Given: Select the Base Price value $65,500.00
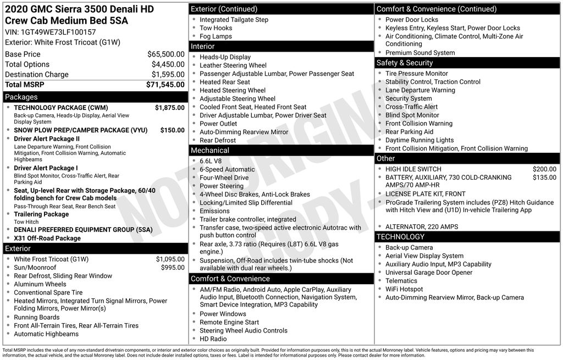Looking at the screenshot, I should coord(165,54).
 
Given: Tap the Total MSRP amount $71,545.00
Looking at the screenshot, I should coord(165,85).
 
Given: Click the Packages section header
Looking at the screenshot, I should coord(22,97).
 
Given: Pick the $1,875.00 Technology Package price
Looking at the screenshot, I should coord(169,108).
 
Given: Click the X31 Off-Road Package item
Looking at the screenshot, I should coord(47,239).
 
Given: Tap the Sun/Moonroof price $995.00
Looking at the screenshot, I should coord(173,268).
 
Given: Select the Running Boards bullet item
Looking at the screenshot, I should coord(36,317).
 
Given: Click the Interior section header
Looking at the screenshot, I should coord(202,47).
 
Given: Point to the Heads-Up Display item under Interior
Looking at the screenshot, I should coord(225,57).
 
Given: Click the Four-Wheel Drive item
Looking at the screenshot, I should coord(224,178).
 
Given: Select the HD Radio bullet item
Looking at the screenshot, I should coord(213,339).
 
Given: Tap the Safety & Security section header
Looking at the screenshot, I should coord(404,63).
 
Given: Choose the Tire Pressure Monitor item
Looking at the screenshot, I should coord(416,74).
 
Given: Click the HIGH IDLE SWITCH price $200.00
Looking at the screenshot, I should coord(544,169).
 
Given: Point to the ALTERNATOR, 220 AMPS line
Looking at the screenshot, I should coord(422,227).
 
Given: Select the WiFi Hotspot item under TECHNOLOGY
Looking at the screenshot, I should coord(404,289).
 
